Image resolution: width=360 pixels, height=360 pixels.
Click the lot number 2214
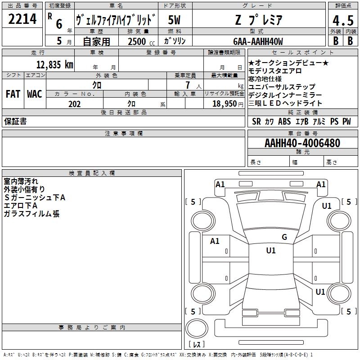[x=22, y=19]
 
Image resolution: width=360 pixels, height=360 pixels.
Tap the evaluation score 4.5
[x=342, y=21]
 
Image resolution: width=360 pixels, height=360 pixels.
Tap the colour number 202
[x=74, y=104]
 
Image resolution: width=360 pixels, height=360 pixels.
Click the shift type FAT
[x=13, y=94]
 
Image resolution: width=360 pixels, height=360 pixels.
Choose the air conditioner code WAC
[x=34, y=94]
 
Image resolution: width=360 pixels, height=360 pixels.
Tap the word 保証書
[x=15, y=122]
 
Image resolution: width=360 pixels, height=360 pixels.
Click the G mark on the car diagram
[x=284, y=237]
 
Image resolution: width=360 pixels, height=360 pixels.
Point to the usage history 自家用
[x=96, y=41]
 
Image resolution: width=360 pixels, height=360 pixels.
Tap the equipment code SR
[x=256, y=121]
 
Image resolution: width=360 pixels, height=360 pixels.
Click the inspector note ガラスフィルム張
[x=31, y=214]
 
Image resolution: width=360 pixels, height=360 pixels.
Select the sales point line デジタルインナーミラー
[x=285, y=95]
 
